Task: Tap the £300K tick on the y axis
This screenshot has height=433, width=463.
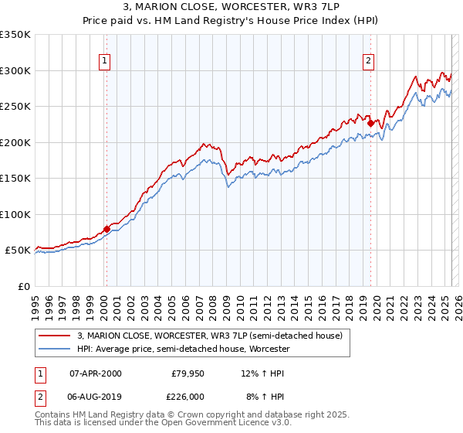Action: pyautogui.click(x=15, y=70)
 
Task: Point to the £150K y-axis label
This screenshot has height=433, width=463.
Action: pyautogui.click(x=15, y=178)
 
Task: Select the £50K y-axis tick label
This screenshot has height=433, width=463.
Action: pyautogui.click(x=19, y=251)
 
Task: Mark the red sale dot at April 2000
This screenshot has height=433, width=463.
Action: pyautogui.click(x=106, y=229)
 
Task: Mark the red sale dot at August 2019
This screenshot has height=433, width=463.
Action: pyautogui.click(x=371, y=123)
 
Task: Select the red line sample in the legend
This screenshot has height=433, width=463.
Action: pyautogui.click(x=55, y=336)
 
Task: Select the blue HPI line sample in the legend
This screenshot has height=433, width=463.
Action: pyautogui.click(x=55, y=349)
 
